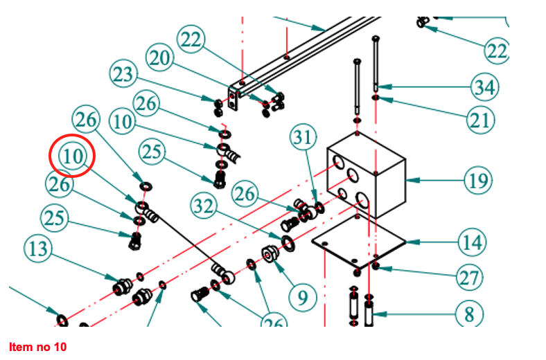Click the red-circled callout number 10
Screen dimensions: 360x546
click(73, 156)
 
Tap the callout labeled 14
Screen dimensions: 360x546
click(470, 242)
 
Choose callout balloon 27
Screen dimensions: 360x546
click(470, 278)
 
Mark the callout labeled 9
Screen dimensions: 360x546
click(302, 298)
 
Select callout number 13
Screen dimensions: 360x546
click(39, 248)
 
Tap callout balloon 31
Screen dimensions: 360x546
click(303, 137)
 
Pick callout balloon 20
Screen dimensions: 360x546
click(160, 59)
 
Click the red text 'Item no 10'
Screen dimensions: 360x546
click(37, 345)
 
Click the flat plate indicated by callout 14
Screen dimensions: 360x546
click(358, 244)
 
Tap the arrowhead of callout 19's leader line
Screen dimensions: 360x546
click(408, 181)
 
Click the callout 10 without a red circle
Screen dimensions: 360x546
click(123, 123)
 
